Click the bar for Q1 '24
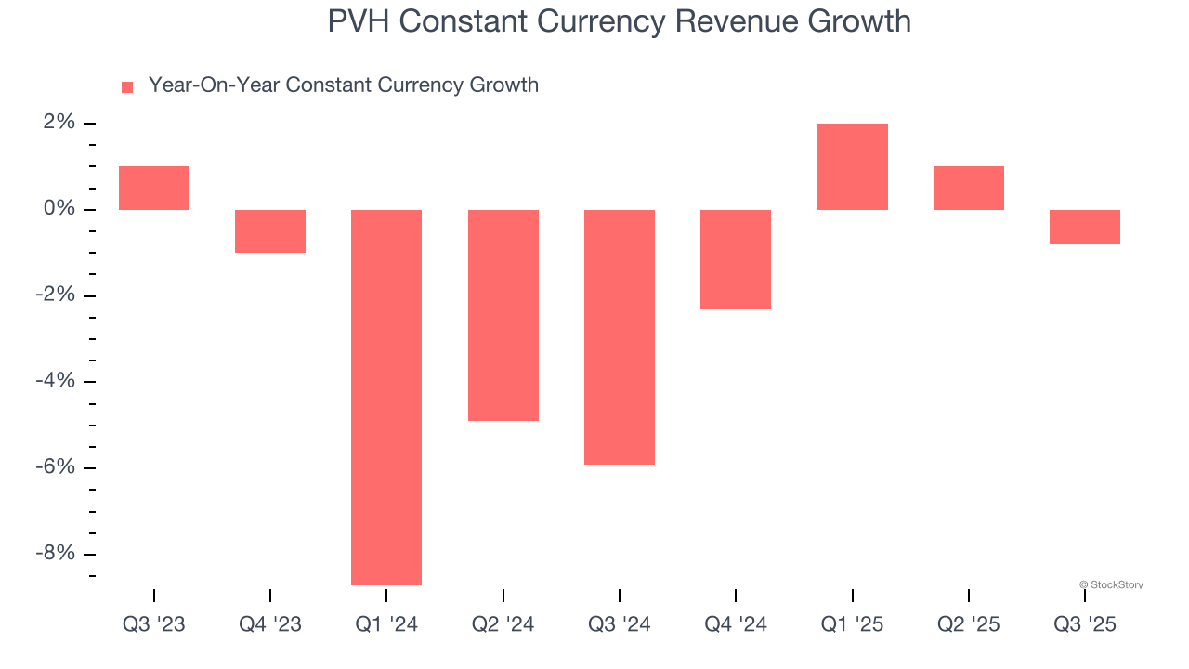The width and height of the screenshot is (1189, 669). [386, 397]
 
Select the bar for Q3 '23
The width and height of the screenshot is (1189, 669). [154, 189]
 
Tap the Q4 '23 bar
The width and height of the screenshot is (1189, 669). [270, 231]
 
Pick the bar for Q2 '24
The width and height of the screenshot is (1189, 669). [503, 315]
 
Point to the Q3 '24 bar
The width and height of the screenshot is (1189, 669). [620, 336]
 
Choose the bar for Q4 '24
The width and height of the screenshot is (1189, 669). [736, 259]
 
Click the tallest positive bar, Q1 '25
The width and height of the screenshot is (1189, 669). [852, 167]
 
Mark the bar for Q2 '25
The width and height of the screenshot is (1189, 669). [968, 189]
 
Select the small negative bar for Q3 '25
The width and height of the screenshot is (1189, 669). [1084, 227]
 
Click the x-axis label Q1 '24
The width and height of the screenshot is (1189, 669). [386, 624]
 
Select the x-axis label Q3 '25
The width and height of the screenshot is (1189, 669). [1084, 624]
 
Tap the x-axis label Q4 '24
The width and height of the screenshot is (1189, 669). [736, 624]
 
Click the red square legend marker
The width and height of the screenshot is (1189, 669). [127, 86]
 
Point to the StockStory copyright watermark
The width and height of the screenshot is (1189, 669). [1111, 584]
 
